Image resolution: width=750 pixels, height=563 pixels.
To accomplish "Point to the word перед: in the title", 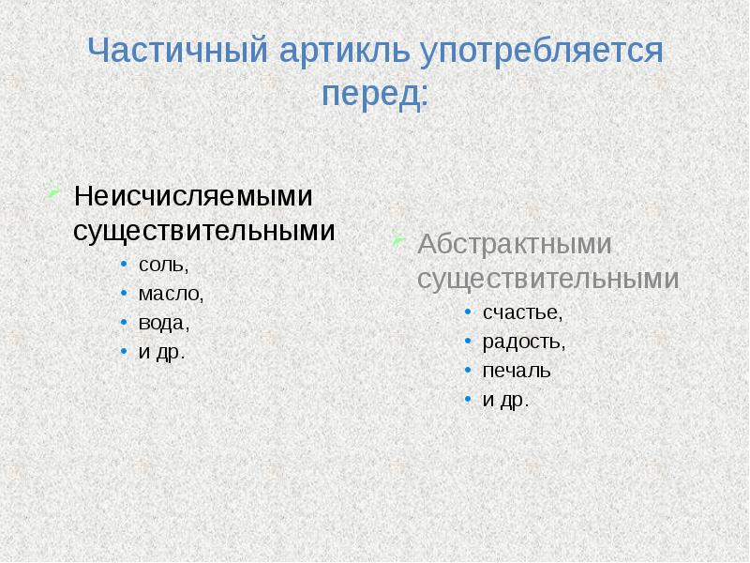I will click(375, 95).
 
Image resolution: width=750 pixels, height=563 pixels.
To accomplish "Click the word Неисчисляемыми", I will click(193, 197).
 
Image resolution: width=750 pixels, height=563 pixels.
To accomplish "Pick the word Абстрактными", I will click(515, 245).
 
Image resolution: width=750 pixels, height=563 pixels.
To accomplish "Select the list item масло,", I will click(171, 294).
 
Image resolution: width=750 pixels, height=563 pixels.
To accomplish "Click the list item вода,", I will click(164, 323).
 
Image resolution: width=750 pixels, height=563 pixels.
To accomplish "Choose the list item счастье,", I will click(522, 312).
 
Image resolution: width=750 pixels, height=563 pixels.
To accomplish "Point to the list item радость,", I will click(524, 342).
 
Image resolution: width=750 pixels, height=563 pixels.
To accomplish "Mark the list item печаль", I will click(517, 371).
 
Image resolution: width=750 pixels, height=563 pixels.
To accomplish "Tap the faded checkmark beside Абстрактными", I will click(398, 240).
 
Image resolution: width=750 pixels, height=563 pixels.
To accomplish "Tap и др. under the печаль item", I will click(506, 401).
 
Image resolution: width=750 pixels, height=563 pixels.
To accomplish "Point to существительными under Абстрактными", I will click(547, 279).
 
